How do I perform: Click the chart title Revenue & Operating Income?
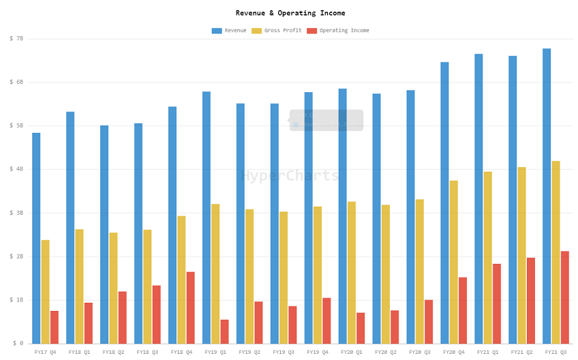point(290,13)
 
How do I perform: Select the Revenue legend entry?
point(229,31)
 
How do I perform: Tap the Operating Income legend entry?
point(338,31)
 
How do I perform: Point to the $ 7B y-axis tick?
point(16,39)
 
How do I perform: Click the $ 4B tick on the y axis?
point(16,169)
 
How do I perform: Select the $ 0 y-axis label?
point(18,344)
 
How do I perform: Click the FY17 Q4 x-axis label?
point(45,352)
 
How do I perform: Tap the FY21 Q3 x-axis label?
point(556,352)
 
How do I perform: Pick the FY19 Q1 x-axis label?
point(215,352)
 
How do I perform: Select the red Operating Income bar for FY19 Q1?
point(224,331)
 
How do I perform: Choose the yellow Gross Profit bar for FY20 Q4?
point(454,262)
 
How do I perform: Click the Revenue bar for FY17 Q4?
point(36,238)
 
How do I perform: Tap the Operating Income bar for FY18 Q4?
point(190,307)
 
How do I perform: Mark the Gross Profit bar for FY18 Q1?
point(79,286)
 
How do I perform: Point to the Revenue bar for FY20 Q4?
point(444,202)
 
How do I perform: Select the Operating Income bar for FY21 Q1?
point(497,303)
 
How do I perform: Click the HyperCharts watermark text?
point(290,176)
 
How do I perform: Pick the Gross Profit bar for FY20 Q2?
point(386,274)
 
